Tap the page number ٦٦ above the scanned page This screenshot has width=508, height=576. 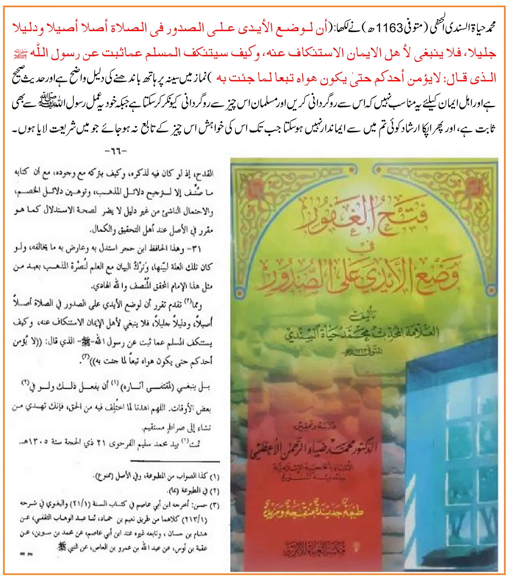116,151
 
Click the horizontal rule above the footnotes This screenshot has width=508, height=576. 175,461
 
